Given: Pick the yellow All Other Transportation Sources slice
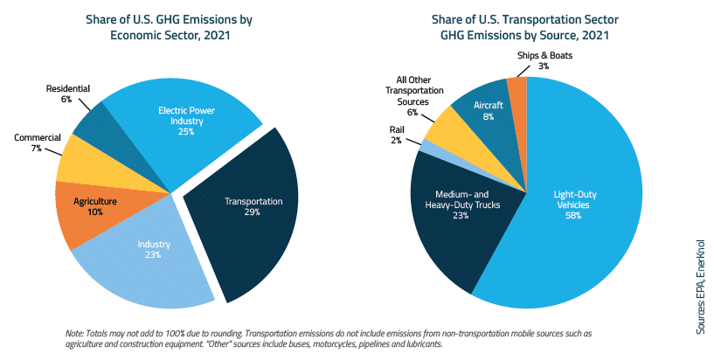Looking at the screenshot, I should pyautogui.click(x=446, y=127).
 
